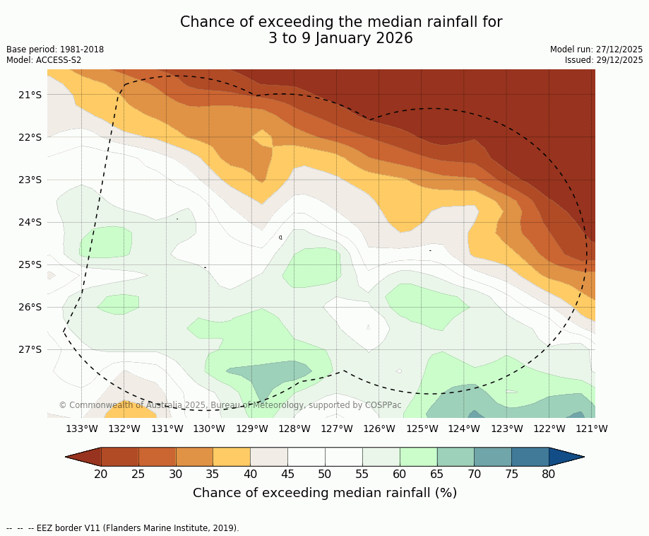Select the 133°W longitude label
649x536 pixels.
click(82, 429)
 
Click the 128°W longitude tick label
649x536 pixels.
click(294, 429)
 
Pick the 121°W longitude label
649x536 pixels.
click(592, 429)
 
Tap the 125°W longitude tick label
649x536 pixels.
click(422, 429)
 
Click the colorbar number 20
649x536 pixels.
click(101, 474)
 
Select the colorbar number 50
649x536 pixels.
click(325, 474)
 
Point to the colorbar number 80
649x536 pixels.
click(549, 474)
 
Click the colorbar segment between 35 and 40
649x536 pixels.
click(232, 457)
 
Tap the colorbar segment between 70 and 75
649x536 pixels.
click(493, 457)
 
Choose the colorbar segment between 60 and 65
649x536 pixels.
click(418, 457)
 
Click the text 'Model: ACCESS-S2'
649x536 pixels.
click(44, 60)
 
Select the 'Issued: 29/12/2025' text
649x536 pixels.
click(604, 60)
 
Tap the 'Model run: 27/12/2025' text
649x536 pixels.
click(596, 49)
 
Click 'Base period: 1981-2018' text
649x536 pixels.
click(55, 49)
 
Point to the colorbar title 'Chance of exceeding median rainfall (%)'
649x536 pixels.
click(325, 493)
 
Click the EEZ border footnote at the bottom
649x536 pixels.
click(123, 528)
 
